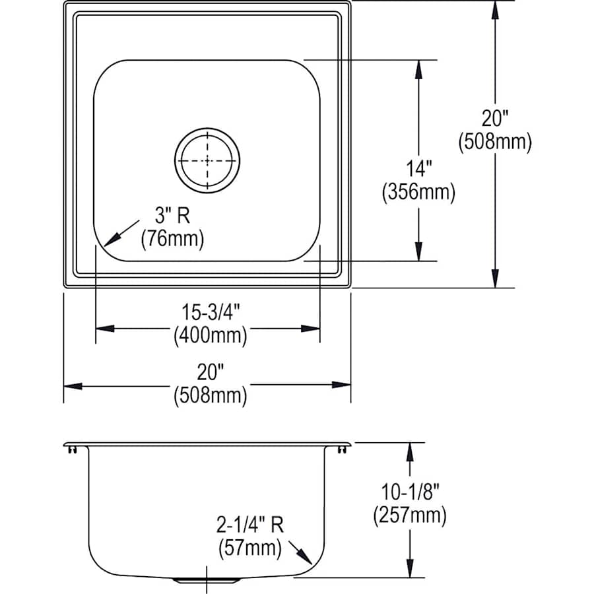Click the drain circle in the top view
click(207, 129)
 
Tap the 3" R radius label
click(172, 216)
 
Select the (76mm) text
click(172, 239)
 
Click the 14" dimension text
click(418, 168)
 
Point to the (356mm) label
click(418, 191)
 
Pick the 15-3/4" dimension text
click(211, 312)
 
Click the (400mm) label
click(211, 335)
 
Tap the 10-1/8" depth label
click(410, 492)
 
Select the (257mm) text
click(410, 515)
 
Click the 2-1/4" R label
click(250, 525)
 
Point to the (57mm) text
click(250, 548)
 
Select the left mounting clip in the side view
click(72, 449)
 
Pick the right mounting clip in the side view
click(342, 449)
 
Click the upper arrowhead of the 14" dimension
click(418, 69)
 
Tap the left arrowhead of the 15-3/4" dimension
click(105, 329)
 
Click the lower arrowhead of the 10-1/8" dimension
click(410, 568)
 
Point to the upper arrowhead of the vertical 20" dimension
click(495, 10)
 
